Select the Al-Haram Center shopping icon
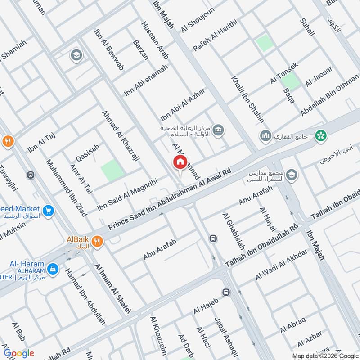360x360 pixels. click(x=53, y=269)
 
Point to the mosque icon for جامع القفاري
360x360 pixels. click(x=264, y=135)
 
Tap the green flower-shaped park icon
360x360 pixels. click(x=321, y=135)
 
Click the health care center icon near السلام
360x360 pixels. click(x=219, y=130)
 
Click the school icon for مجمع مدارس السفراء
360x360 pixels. click(x=292, y=175)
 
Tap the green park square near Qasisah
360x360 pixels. click(x=111, y=171)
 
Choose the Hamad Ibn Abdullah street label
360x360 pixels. click(x=85, y=297)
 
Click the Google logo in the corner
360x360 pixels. click(x=19, y=353)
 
